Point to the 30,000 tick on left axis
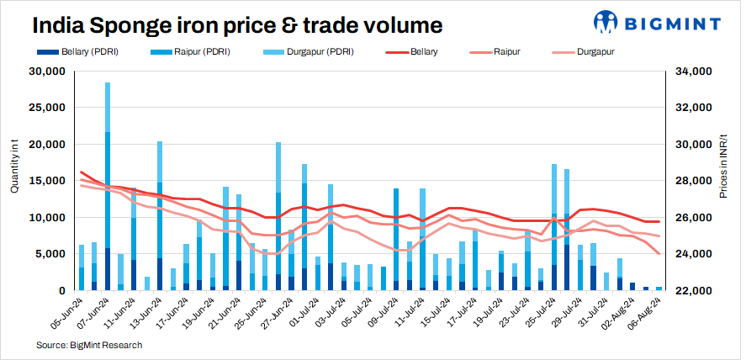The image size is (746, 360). (47, 71)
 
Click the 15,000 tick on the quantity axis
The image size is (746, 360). (47, 181)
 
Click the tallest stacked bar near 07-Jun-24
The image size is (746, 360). (108, 185)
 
